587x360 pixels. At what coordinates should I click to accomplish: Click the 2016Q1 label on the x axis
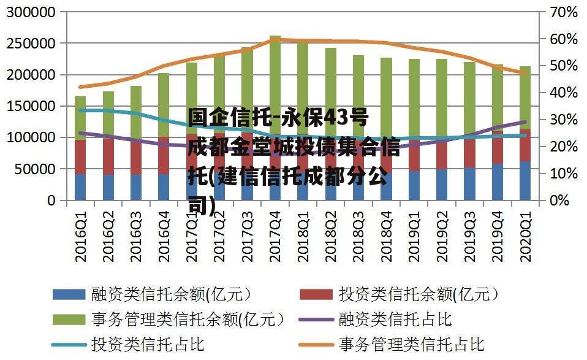click(80, 236)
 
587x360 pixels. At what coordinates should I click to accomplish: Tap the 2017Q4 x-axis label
click(275, 236)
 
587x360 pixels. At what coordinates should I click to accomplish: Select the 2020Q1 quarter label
click(525, 236)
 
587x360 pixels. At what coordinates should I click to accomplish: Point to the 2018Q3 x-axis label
click(358, 236)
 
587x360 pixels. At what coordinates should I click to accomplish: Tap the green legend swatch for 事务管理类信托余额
click(69, 320)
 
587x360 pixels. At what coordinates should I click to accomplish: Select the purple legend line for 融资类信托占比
click(316, 320)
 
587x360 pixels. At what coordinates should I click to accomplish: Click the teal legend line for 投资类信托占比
click(69, 345)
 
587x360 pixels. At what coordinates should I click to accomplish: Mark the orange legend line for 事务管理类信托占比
click(316, 345)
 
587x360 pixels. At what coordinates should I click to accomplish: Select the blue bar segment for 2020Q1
click(525, 180)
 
